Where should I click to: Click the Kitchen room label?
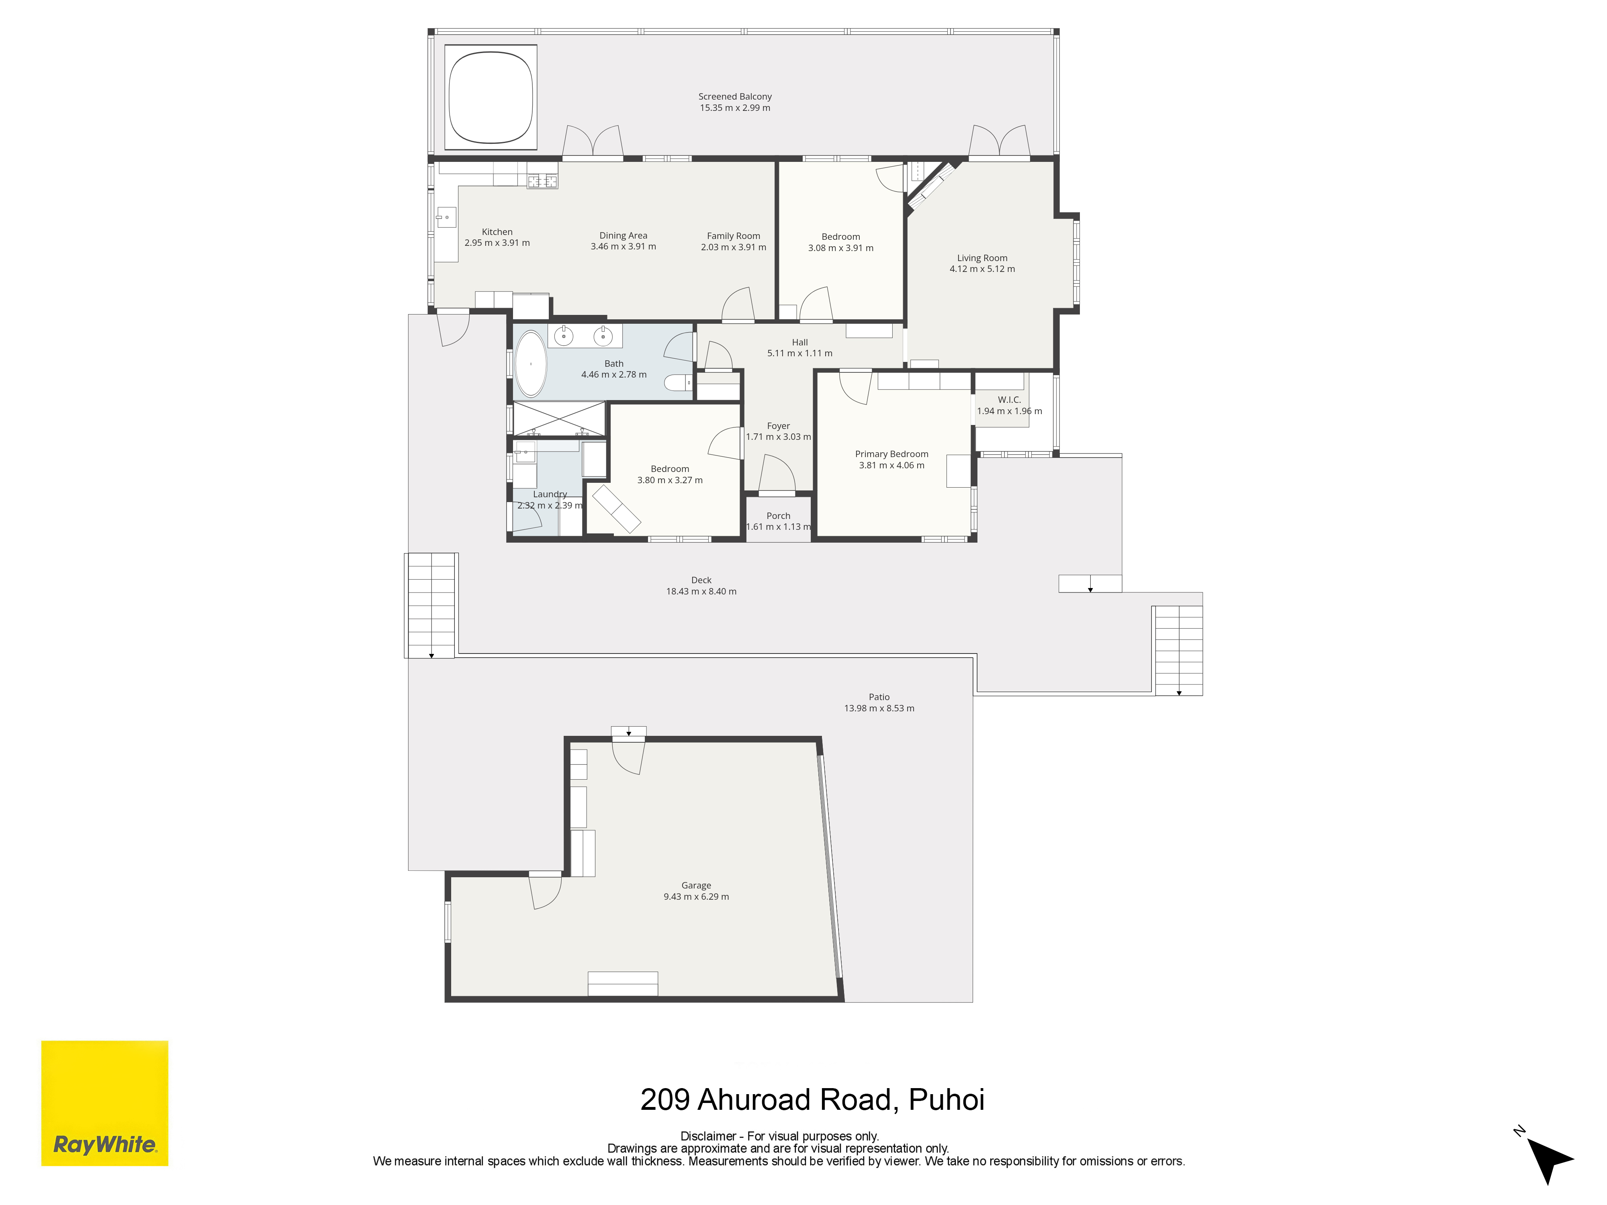click(497, 232)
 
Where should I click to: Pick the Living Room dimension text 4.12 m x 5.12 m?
click(982, 269)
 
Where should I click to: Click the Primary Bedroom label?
click(891, 454)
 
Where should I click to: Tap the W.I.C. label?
click(1009, 400)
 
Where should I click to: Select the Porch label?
click(778, 516)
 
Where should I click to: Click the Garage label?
click(696, 885)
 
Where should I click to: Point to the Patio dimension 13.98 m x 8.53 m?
click(879, 708)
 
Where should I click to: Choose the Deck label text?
click(701, 580)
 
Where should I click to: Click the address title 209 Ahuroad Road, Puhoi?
click(812, 1100)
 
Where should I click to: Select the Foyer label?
click(778, 426)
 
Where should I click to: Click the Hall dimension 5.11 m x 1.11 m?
click(800, 353)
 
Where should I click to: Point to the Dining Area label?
click(624, 235)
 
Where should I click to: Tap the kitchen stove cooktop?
click(542, 181)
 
